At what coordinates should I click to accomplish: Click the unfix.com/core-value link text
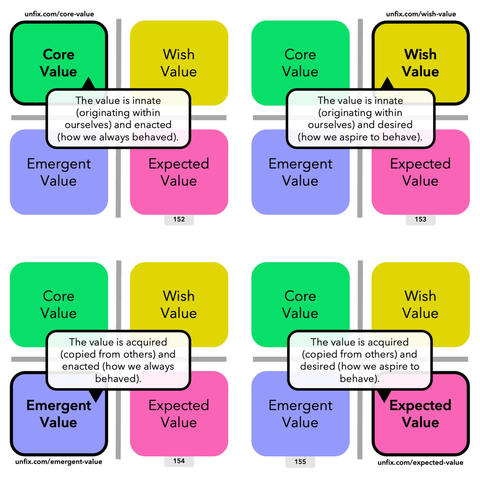pyautogui.click(x=59, y=14)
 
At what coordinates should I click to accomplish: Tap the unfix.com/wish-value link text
pyautogui.click(x=421, y=14)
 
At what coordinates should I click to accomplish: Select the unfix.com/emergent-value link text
pyautogui.click(x=59, y=462)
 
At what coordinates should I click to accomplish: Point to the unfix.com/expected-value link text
pyautogui.click(x=420, y=462)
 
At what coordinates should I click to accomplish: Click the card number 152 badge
pyautogui.click(x=179, y=219)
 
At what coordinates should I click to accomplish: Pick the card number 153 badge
pyautogui.click(x=420, y=219)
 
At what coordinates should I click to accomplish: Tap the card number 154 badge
pyautogui.click(x=179, y=461)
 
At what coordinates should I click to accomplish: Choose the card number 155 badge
pyautogui.click(x=300, y=462)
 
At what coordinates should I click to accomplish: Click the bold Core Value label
pyautogui.click(x=59, y=63)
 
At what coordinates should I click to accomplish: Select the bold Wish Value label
pyautogui.click(x=420, y=63)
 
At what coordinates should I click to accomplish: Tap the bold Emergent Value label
pyautogui.click(x=59, y=414)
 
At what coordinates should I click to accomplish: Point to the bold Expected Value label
pyautogui.click(x=420, y=414)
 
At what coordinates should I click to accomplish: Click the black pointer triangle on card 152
pyautogui.click(x=88, y=84)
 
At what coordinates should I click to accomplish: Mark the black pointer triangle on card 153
pyautogui.click(x=387, y=84)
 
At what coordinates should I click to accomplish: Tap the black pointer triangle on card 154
pyautogui.click(x=96, y=395)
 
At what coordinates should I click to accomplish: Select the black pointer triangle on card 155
pyautogui.click(x=384, y=396)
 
